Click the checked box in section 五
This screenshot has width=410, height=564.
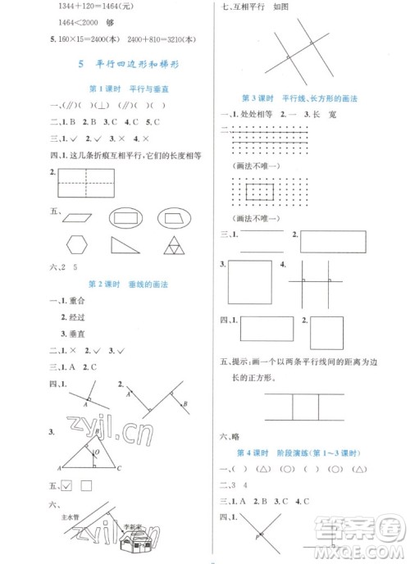pos(67,486)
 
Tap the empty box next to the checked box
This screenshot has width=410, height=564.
pos(86,486)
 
